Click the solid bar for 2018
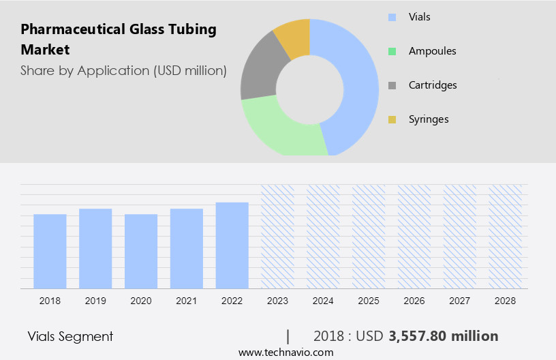point(50,251)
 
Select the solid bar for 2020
point(141,251)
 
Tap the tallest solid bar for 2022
point(232,245)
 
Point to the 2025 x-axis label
point(369,300)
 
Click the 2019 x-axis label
point(95,300)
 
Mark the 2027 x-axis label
point(459,300)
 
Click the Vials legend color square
point(392,17)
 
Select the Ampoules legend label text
point(432,51)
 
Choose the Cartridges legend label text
point(433,85)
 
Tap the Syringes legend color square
point(392,119)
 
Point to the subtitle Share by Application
point(123,70)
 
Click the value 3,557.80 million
point(443,336)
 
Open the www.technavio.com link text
point(285,352)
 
